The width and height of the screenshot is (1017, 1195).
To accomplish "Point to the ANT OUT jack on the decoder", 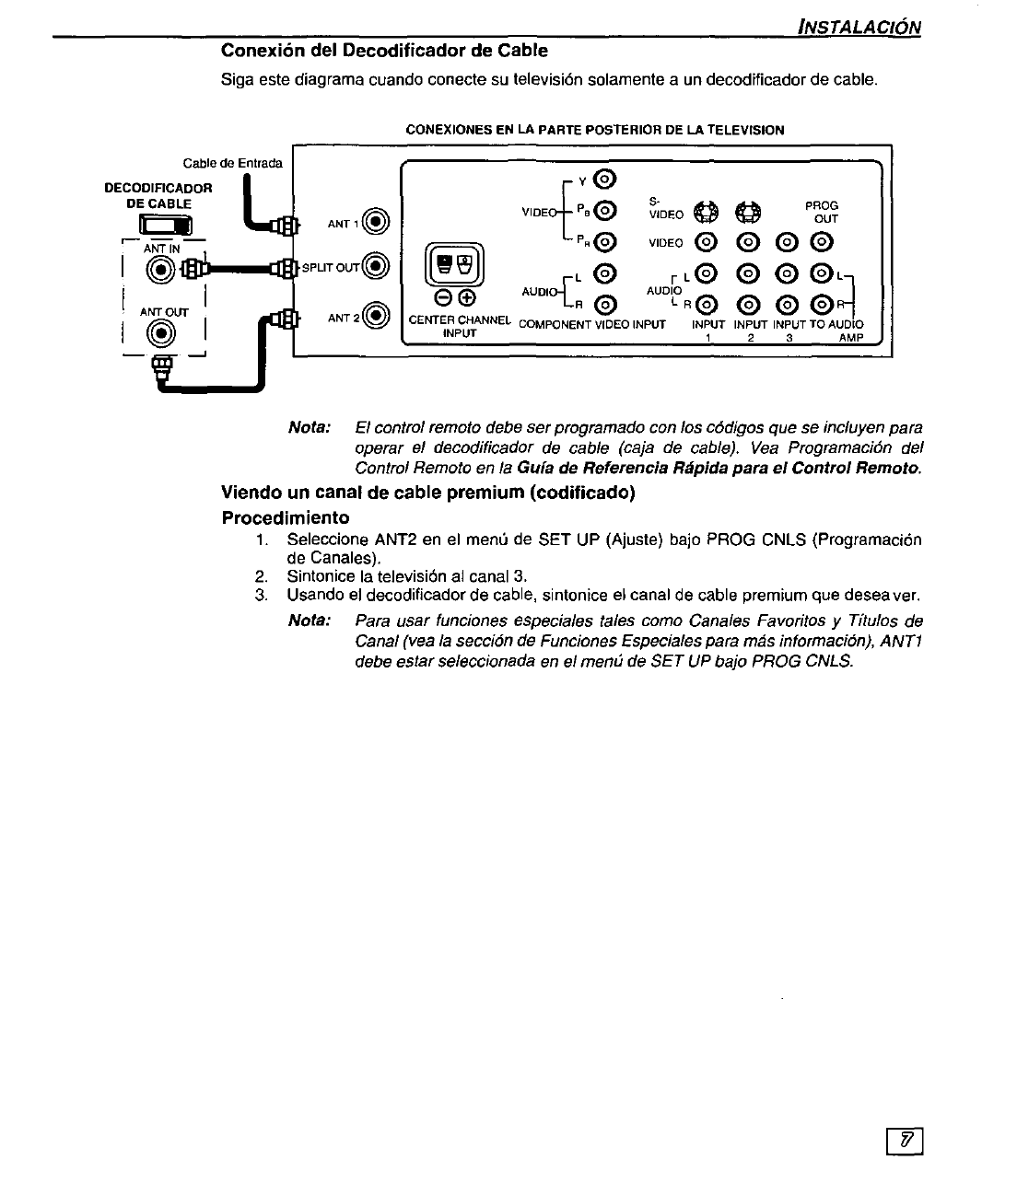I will (x=163, y=333).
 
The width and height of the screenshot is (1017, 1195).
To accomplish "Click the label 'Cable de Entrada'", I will (x=232, y=164).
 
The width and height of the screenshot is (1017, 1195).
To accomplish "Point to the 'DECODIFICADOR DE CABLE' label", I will (x=158, y=195).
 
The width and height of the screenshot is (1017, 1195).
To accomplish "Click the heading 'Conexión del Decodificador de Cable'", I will (x=384, y=50).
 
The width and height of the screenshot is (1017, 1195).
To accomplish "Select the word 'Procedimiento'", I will (x=286, y=517).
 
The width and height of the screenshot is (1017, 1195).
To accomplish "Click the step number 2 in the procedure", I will (x=261, y=576).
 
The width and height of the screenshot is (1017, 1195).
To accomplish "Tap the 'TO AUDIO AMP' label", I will (x=837, y=331).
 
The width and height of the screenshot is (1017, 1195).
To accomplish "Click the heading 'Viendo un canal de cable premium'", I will (x=428, y=493).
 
